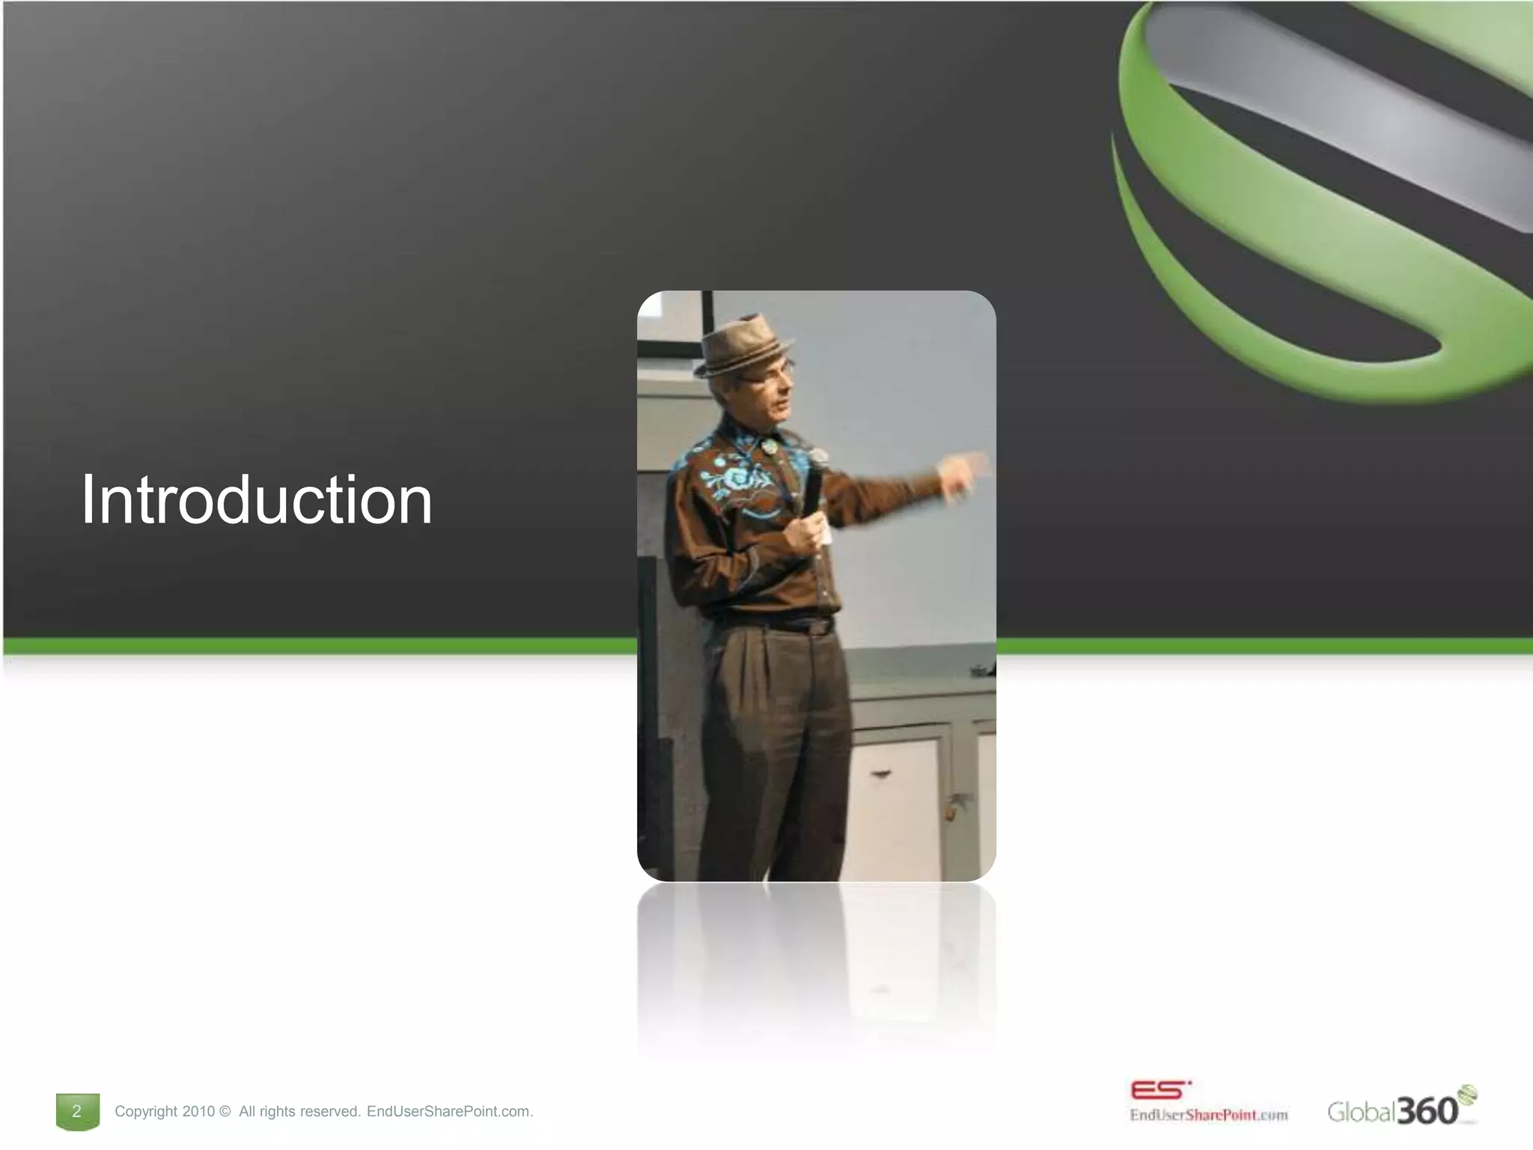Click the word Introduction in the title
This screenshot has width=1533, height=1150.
point(256,500)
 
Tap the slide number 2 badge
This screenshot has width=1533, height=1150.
point(77,1110)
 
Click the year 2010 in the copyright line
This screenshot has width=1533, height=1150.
point(198,1111)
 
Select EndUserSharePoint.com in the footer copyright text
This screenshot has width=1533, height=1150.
point(448,1111)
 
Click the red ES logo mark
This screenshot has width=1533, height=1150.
point(1159,1089)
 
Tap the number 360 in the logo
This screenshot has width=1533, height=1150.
point(1427,1110)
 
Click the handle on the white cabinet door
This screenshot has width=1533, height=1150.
point(880,774)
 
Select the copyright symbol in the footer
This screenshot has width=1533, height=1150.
point(225,1111)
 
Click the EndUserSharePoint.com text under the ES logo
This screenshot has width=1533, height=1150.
point(1208,1115)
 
